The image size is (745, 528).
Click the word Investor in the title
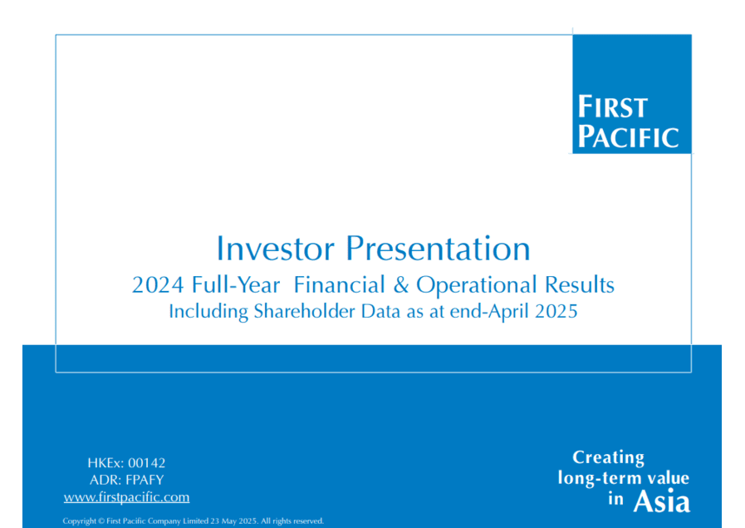pos(276,249)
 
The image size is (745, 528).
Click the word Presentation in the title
pos(438,249)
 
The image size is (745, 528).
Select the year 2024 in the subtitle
pos(158,285)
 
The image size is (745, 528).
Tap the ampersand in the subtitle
pos(401,285)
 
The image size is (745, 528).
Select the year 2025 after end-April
pos(556,312)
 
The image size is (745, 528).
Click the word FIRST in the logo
pos(612,106)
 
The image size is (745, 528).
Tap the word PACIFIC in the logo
pos(628,136)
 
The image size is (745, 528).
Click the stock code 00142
pos(147,463)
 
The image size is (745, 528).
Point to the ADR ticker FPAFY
pos(145,480)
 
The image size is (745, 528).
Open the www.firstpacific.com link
pos(126,497)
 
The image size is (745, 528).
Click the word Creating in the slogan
pos(608,457)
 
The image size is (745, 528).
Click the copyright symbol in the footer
pos(100,521)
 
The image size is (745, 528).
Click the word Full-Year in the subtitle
pos(236,285)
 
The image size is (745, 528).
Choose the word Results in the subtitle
pos(580,285)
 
